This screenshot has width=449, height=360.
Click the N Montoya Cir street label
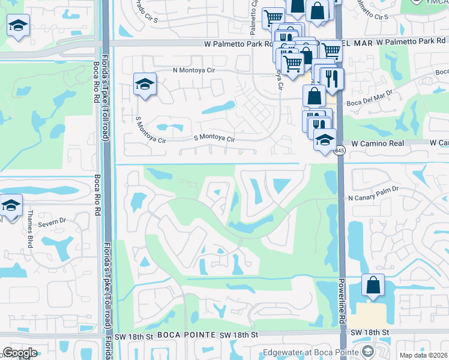point(194,70)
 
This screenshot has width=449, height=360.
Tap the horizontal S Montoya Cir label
point(214,139)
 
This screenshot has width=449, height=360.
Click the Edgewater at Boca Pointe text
point(311,352)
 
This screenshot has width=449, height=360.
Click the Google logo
point(20,353)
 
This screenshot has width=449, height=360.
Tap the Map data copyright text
point(423,355)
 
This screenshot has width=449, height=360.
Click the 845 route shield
point(340,150)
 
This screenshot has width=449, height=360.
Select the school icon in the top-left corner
point(18,25)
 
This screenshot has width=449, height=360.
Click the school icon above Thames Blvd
point(10,205)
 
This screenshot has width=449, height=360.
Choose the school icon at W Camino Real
point(325,140)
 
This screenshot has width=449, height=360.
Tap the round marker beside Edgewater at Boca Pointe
point(368,352)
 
